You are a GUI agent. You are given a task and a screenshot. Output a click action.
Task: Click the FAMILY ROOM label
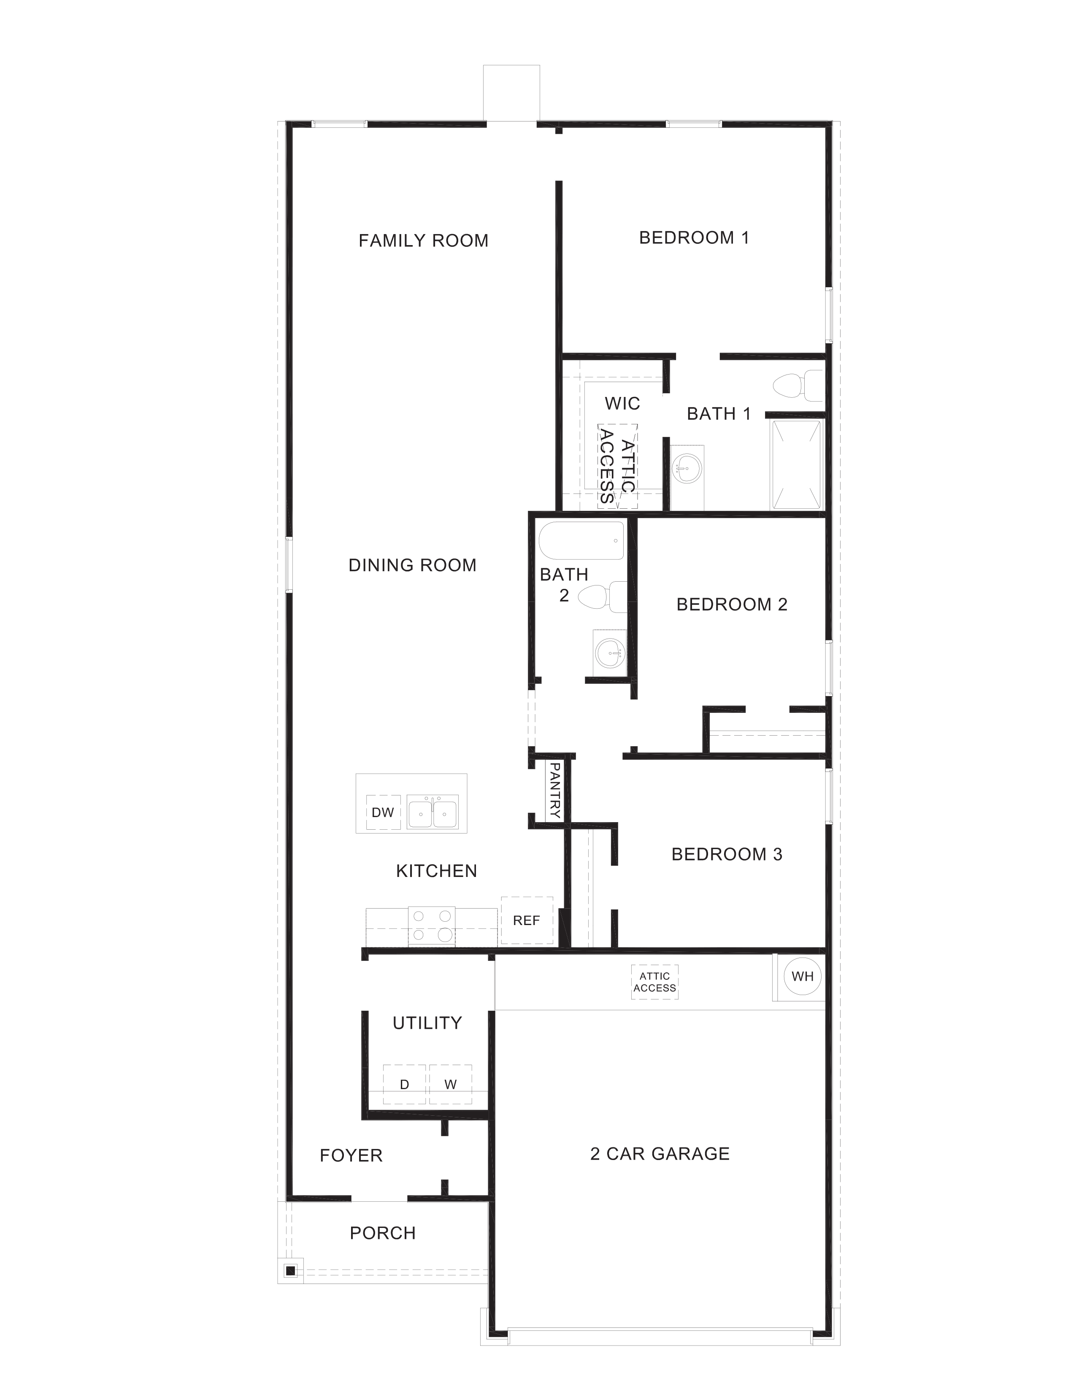[x=423, y=241]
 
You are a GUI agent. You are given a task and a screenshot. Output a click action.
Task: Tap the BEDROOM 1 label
[x=694, y=238]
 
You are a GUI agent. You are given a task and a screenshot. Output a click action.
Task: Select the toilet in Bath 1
[x=797, y=386]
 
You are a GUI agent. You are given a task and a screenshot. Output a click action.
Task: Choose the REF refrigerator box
[x=527, y=920]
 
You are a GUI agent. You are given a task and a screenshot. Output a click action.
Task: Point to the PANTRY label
[x=554, y=790]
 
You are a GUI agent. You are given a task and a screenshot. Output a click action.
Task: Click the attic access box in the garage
[x=654, y=982]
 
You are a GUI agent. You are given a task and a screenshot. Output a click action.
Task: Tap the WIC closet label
[x=622, y=403]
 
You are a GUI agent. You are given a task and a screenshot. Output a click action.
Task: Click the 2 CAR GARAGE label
[x=660, y=1154]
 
